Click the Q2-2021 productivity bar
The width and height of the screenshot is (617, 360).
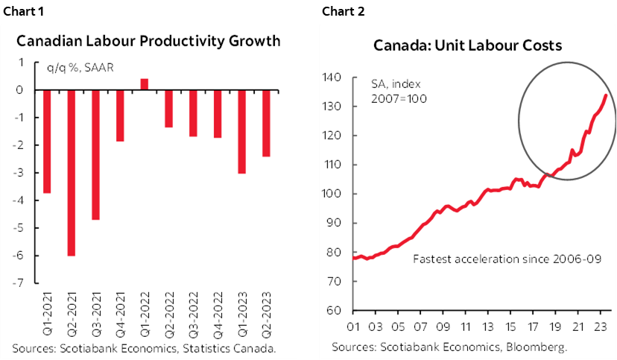coord(72,173)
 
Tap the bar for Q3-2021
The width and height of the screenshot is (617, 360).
coord(96,155)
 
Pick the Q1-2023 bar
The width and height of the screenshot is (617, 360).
coord(241,131)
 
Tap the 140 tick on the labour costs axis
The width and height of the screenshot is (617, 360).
coord(332,78)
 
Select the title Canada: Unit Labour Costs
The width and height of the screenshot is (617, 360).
coord(467,45)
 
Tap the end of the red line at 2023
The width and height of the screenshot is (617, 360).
coord(606,95)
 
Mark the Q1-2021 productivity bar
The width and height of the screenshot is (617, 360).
coord(48,142)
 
